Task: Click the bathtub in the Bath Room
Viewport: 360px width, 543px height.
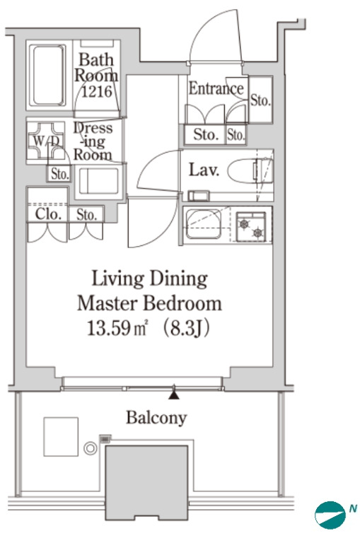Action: point(48,75)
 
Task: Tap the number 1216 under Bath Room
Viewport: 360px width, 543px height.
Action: point(97,91)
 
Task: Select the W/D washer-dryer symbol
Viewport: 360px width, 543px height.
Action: point(46,141)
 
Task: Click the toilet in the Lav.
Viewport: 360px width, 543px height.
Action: point(250,170)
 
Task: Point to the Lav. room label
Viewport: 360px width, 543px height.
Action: point(204,170)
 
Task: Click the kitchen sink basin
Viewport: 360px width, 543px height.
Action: point(204,223)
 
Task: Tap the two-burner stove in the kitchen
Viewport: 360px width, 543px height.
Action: point(251,227)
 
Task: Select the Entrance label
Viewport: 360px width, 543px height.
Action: point(216,88)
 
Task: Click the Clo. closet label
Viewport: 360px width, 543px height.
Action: point(48,214)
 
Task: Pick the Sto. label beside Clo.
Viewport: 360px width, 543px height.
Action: point(86,215)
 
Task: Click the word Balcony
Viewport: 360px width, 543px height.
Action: point(156,418)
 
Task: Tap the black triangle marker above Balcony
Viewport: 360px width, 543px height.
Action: point(173,395)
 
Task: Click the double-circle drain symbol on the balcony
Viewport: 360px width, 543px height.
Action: point(91,448)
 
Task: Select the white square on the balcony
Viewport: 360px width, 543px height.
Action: point(61,436)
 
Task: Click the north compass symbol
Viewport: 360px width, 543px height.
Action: point(330,515)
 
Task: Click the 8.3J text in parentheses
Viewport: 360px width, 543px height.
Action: point(186,328)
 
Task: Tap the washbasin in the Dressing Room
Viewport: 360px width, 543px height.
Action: point(99,181)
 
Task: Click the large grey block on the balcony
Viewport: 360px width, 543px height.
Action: point(147,483)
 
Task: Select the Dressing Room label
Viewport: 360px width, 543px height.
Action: point(93,141)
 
